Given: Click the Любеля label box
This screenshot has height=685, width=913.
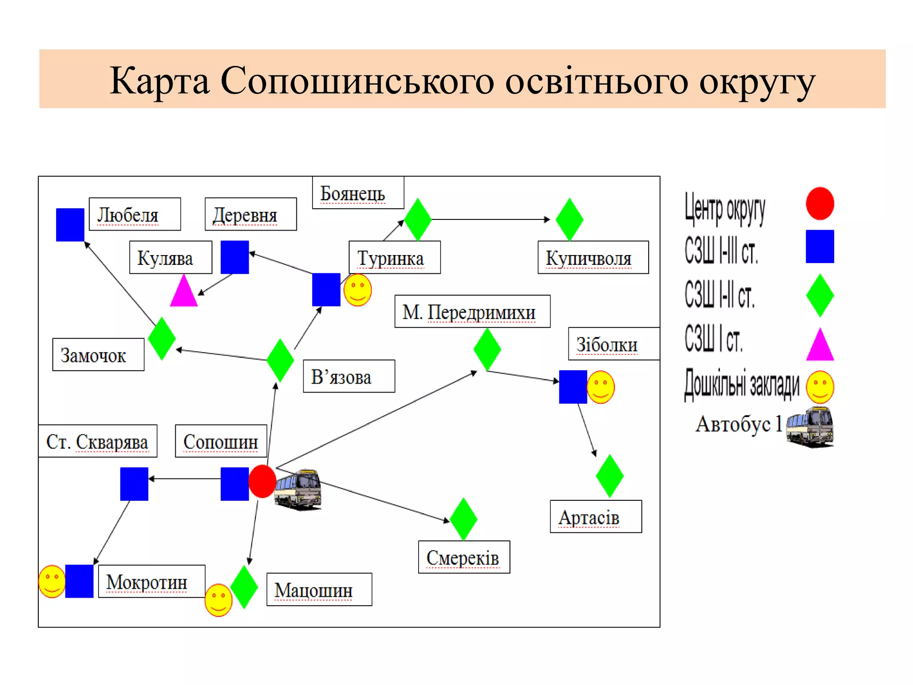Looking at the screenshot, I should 135,214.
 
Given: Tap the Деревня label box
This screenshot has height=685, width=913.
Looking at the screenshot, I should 251,214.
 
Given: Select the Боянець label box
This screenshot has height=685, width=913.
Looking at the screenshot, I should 358,193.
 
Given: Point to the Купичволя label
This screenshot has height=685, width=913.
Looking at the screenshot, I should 593,257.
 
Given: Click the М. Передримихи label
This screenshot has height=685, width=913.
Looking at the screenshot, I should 472,311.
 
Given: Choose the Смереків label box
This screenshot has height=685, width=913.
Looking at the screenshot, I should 464,557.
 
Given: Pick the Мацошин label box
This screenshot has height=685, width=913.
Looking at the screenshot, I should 319,589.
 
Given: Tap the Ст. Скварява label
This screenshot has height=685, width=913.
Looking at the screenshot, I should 98,441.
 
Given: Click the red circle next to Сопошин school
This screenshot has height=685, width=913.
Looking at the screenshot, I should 262,481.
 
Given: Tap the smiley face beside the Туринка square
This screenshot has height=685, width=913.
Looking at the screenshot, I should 358,290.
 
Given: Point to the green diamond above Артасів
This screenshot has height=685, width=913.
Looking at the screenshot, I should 609,476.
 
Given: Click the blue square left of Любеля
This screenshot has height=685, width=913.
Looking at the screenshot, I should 70,224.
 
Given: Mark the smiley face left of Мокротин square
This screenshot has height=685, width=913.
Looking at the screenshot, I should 52,581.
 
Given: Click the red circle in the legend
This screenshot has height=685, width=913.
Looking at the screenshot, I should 819,203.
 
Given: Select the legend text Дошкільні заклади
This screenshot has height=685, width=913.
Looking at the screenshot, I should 742,384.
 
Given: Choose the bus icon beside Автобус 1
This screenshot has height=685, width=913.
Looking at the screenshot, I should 810,426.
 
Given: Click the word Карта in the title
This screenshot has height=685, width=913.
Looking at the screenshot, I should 159,81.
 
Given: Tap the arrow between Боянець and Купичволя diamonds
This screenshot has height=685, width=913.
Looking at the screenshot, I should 490,219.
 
